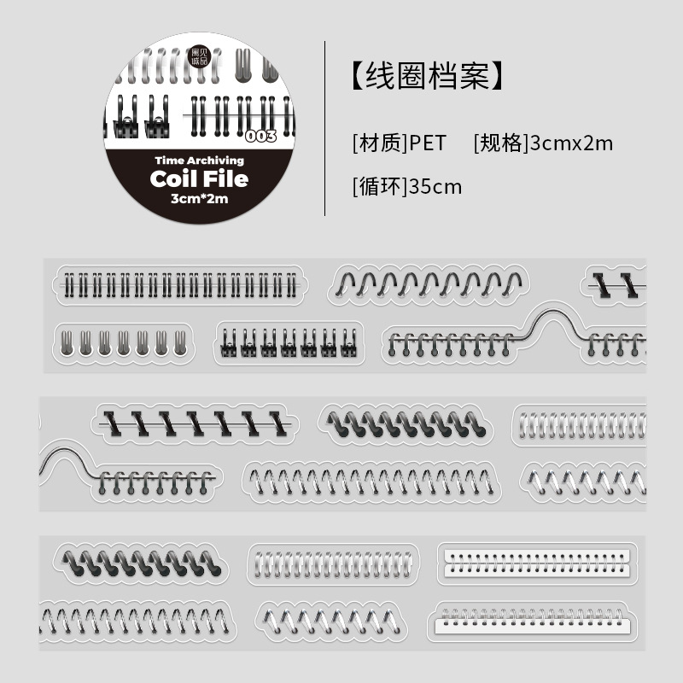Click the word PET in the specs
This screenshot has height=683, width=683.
pos(427,143)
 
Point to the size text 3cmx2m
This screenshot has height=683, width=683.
pos(571,143)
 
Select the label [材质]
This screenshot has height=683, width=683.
pos(378,143)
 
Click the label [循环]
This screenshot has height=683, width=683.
pos(378,186)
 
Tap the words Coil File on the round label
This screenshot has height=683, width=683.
pos(199,178)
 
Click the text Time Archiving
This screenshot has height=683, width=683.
pos(199,160)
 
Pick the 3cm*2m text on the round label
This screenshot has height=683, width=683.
pos(199,199)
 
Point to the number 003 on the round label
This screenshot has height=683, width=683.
pos(260,137)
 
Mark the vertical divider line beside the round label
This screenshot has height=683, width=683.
pos(325,128)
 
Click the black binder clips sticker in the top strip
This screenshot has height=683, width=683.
pos(289,342)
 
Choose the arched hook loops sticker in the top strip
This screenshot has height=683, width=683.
pos(429,283)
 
